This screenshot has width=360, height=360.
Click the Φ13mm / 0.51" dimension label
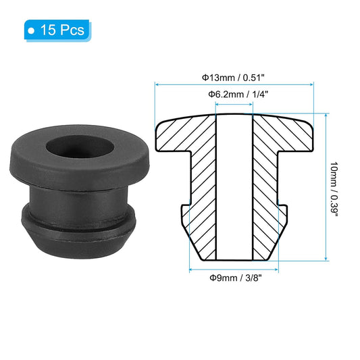[235, 77]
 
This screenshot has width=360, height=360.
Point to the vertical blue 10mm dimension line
[326, 189]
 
